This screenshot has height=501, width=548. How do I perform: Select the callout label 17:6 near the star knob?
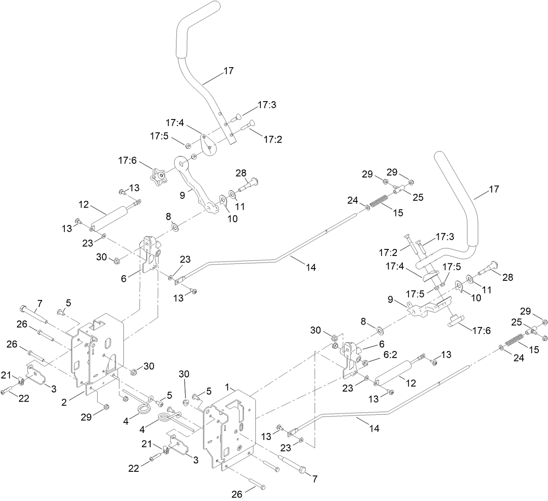pyautogui.click(x=127, y=161)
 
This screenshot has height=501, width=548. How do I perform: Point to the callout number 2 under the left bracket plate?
pyautogui.click(x=64, y=402)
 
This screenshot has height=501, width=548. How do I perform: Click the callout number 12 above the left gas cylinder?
pyautogui.click(x=84, y=204)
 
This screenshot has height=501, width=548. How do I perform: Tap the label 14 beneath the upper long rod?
pyautogui.click(x=311, y=268)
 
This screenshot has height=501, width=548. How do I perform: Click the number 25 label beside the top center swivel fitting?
pyautogui.click(x=418, y=197)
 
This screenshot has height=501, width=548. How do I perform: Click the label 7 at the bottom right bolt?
pyautogui.click(x=314, y=479)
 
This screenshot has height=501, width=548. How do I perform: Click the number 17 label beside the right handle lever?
pyautogui.click(x=494, y=189)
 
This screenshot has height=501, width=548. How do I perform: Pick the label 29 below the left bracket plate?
pyautogui.click(x=87, y=417)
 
